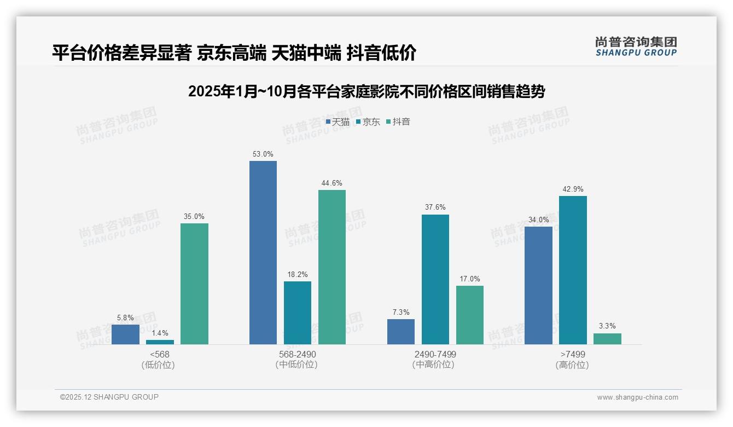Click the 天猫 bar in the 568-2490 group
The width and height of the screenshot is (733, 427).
(x=263, y=252)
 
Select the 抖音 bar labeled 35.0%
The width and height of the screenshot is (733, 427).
(x=194, y=284)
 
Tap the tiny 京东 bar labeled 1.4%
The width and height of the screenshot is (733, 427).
(x=160, y=342)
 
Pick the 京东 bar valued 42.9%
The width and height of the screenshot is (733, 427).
(x=573, y=270)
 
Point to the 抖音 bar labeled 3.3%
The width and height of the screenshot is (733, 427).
(x=607, y=339)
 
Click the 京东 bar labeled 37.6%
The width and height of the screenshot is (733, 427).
(x=435, y=279)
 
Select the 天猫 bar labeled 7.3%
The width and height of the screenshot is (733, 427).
(x=401, y=332)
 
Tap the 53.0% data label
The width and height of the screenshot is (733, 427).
(x=263, y=154)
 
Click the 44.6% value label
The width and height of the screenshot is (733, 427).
(x=332, y=183)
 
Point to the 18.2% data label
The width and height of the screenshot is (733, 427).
(x=298, y=275)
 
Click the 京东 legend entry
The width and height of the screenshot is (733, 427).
(x=368, y=122)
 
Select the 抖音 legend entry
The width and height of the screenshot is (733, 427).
(x=398, y=122)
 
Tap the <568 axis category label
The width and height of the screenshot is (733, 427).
(x=160, y=355)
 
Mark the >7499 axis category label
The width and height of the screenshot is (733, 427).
(x=572, y=355)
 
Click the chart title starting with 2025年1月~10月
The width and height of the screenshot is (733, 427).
(x=366, y=91)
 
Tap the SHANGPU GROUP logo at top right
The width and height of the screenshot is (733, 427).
(x=636, y=47)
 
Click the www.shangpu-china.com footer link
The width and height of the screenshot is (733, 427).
(x=637, y=397)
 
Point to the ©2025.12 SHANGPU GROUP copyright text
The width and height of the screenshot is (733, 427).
(x=109, y=397)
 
